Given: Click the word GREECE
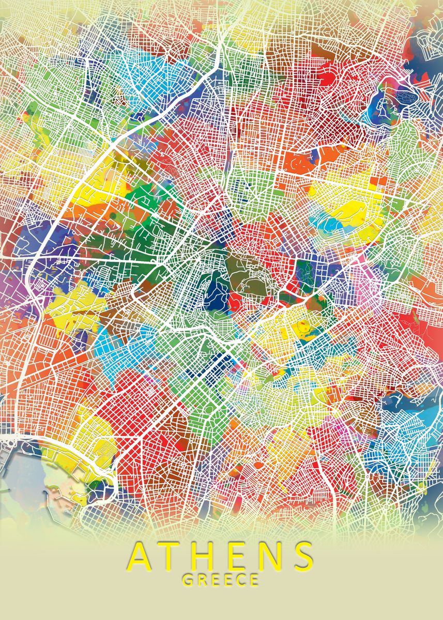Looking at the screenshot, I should (x=221, y=579).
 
